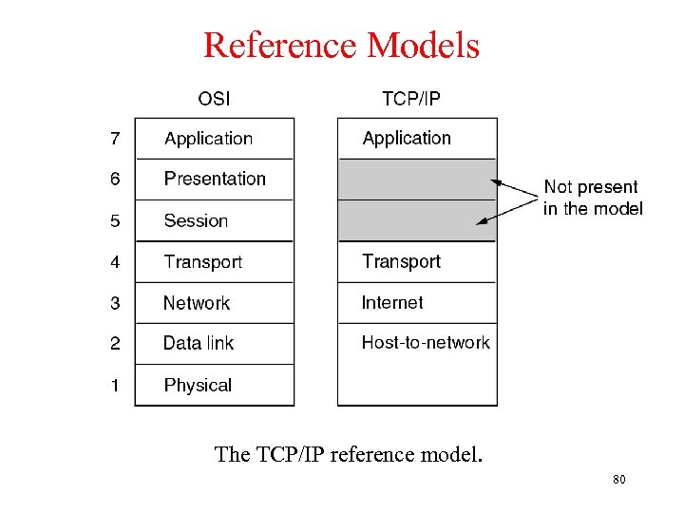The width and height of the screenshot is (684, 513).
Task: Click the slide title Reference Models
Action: click(341, 45)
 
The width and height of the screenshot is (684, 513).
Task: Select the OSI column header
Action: click(214, 98)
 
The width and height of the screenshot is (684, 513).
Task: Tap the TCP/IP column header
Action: click(410, 98)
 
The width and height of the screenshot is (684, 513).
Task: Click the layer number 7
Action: click(115, 139)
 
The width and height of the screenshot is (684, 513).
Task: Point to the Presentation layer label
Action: click(215, 179)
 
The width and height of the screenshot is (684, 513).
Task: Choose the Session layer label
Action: click(196, 220)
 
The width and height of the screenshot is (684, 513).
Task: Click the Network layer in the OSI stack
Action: click(197, 303)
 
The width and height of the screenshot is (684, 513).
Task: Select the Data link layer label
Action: click(199, 343)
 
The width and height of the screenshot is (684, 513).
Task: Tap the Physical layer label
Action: click(198, 385)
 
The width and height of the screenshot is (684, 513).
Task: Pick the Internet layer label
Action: click(392, 302)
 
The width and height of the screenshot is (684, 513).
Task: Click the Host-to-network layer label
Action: click(426, 342)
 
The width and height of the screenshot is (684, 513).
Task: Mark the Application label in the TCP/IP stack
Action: click(407, 139)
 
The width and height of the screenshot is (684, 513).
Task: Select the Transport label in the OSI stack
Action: click(202, 261)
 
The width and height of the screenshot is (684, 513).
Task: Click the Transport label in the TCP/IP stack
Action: click(401, 261)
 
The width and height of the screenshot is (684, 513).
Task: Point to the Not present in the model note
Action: click(593, 198)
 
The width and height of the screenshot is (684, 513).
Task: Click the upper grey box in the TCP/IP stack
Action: click(417, 179)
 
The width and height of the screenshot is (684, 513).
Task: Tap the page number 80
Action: click(619, 480)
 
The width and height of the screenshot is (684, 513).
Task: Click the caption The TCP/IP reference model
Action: click(349, 454)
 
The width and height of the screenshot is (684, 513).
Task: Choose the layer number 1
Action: click(115, 385)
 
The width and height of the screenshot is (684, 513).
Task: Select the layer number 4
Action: click(115, 261)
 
